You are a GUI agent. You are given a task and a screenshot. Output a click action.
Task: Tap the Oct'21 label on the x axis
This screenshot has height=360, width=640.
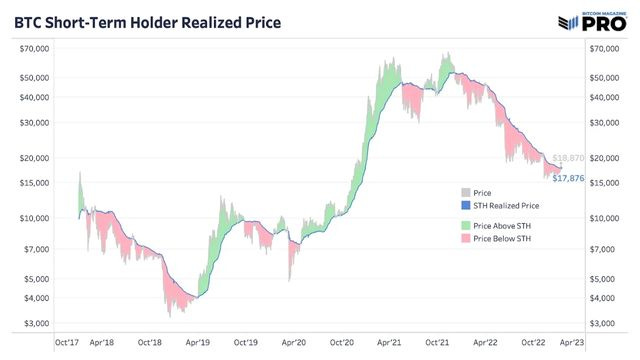click(437, 341)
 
